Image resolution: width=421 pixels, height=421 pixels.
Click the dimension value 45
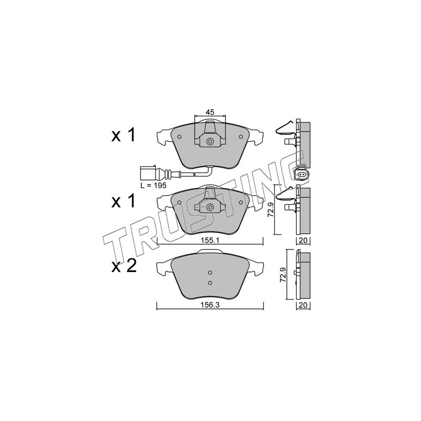[209, 112]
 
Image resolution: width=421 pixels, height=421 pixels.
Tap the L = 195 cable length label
[154, 185]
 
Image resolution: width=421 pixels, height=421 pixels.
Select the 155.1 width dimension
[210, 240]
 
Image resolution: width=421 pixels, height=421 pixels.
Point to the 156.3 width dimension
[210, 305]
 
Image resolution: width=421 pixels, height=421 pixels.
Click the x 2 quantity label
[124, 267]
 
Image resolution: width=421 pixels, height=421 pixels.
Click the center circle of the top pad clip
[210, 141]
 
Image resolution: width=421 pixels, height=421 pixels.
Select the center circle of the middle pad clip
[210, 207]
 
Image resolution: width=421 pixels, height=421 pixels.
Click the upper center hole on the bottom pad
[210, 273]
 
